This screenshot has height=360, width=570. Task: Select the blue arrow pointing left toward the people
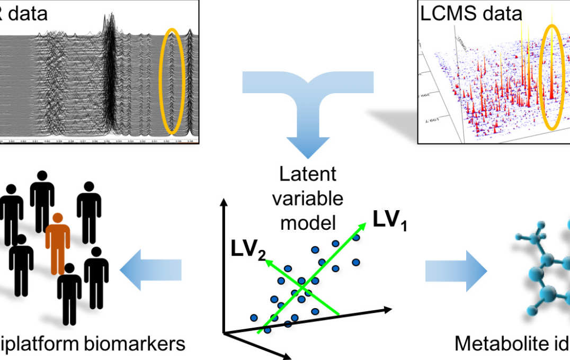[150, 271]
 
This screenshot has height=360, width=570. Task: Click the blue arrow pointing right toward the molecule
[456, 272]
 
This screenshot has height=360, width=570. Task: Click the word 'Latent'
[308, 175]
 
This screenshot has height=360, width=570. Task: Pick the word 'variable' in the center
[308, 199]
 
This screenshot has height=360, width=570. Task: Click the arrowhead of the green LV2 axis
[268, 260]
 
